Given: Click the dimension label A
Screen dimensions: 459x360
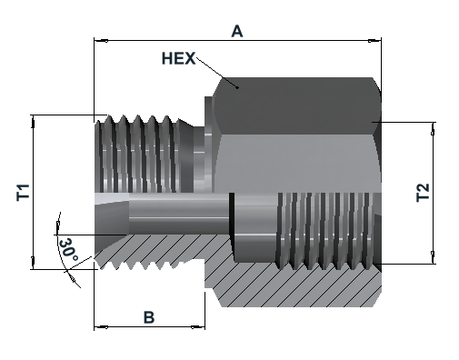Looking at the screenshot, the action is (237, 31).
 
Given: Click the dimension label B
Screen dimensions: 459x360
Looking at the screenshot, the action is (149, 317).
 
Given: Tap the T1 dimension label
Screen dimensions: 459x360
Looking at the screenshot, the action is (23, 192).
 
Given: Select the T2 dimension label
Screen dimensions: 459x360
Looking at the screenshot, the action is (423, 193).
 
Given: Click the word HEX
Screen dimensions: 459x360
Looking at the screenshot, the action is (178, 58).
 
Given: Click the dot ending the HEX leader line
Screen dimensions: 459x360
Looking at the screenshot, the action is (238, 88).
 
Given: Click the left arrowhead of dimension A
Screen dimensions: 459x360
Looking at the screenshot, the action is (101, 40).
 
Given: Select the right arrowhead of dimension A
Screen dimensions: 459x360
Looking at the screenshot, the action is (374, 40).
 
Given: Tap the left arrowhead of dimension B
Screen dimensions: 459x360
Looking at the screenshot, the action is (101, 327).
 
